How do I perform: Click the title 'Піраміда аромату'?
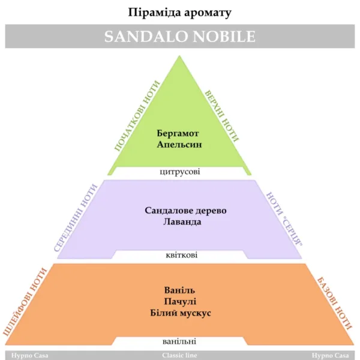(x=179, y=13)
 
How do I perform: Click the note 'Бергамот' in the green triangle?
(x=178, y=134)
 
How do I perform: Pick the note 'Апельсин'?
(x=179, y=145)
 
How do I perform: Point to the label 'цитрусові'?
(x=180, y=172)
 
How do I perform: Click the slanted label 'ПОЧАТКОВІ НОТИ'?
(x=137, y=116)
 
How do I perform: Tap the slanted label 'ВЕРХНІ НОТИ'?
(x=222, y=116)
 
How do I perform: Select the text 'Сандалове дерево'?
(x=185, y=211)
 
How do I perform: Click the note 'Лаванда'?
(x=182, y=222)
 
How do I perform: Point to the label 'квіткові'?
(x=181, y=255)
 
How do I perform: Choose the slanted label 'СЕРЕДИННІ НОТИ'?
(x=76, y=218)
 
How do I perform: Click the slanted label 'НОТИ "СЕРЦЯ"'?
(x=284, y=219)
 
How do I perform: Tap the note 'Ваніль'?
(x=179, y=290)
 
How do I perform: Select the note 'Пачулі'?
(x=180, y=301)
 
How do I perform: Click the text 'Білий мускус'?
(x=181, y=313)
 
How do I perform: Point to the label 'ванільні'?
(x=179, y=341)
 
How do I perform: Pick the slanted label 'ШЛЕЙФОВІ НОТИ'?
(x=25, y=302)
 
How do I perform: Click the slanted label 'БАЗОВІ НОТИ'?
(x=334, y=304)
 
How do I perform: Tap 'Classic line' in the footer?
(x=179, y=355)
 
